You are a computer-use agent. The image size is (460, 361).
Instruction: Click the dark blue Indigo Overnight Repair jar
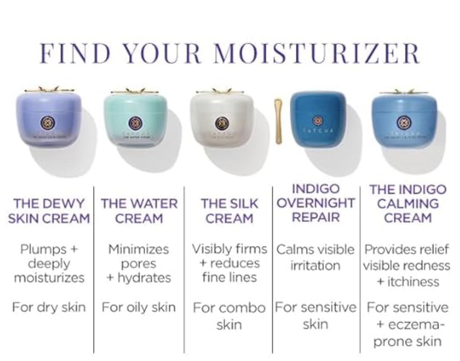coord(318,118)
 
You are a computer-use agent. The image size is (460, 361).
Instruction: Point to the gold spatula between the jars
coord(278,122)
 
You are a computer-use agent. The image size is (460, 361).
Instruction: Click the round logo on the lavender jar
coord(47,123)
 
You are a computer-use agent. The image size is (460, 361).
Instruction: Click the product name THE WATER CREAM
coord(139,211)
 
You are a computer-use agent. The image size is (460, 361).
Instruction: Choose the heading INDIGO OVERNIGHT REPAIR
coord(316,203)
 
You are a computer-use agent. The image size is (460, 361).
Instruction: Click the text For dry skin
coord(49,307)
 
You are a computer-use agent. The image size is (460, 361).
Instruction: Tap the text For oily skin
coord(139,307)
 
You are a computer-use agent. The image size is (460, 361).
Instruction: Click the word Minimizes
coord(139,249)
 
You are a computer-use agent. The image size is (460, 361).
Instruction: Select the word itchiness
coord(413,282)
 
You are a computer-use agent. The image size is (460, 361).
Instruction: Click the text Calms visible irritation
coord(315,257)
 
